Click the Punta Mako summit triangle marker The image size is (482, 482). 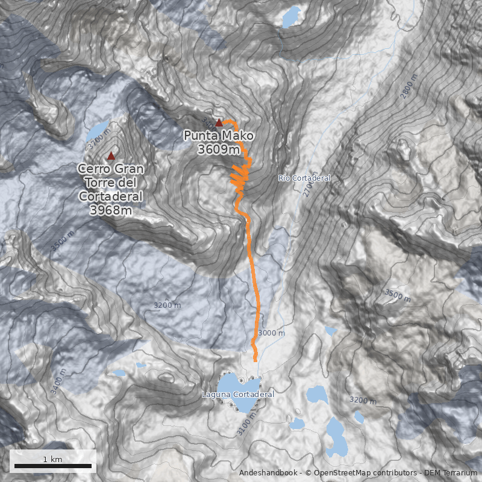[219, 122]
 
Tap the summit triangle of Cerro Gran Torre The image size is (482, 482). [111, 156]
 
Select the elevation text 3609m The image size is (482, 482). [218, 149]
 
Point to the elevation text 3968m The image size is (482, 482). [111, 210]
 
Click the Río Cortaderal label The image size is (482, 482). [304, 178]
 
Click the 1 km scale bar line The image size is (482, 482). [53, 466]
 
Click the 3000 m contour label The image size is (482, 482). [271, 333]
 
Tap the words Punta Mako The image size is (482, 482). [219, 136]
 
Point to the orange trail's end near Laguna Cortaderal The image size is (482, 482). [255, 360]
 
